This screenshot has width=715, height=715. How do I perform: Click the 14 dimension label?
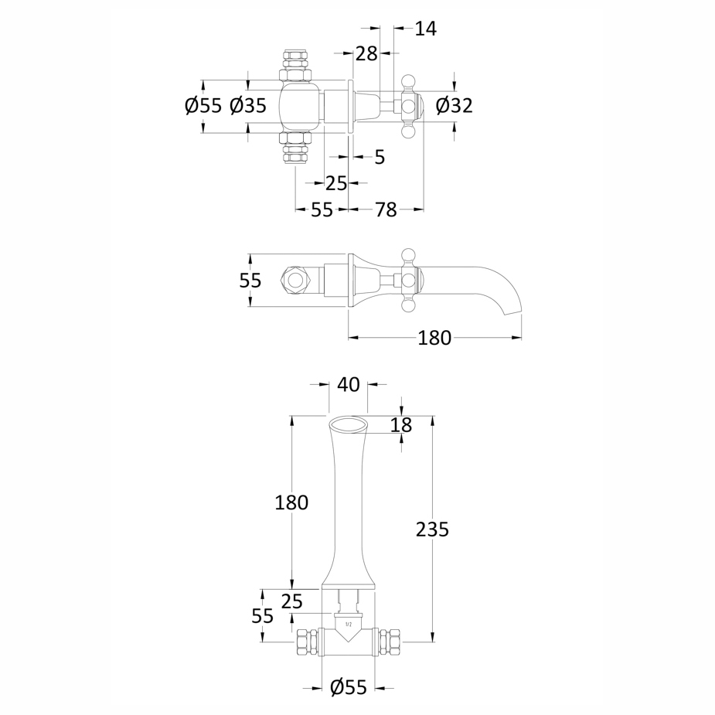tap(425, 29)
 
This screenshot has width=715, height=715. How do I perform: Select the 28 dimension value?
tap(366, 54)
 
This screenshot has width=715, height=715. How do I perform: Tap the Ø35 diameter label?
tap(248, 106)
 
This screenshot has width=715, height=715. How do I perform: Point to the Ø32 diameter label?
tap(455, 106)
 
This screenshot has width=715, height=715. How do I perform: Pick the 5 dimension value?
tap(380, 158)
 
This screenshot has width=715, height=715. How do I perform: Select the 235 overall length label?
tap(432, 529)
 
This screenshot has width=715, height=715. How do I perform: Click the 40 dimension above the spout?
tap(349, 384)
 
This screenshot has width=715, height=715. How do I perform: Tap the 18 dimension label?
tap(401, 425)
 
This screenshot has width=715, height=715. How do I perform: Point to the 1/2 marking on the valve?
tap(349, 624)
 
